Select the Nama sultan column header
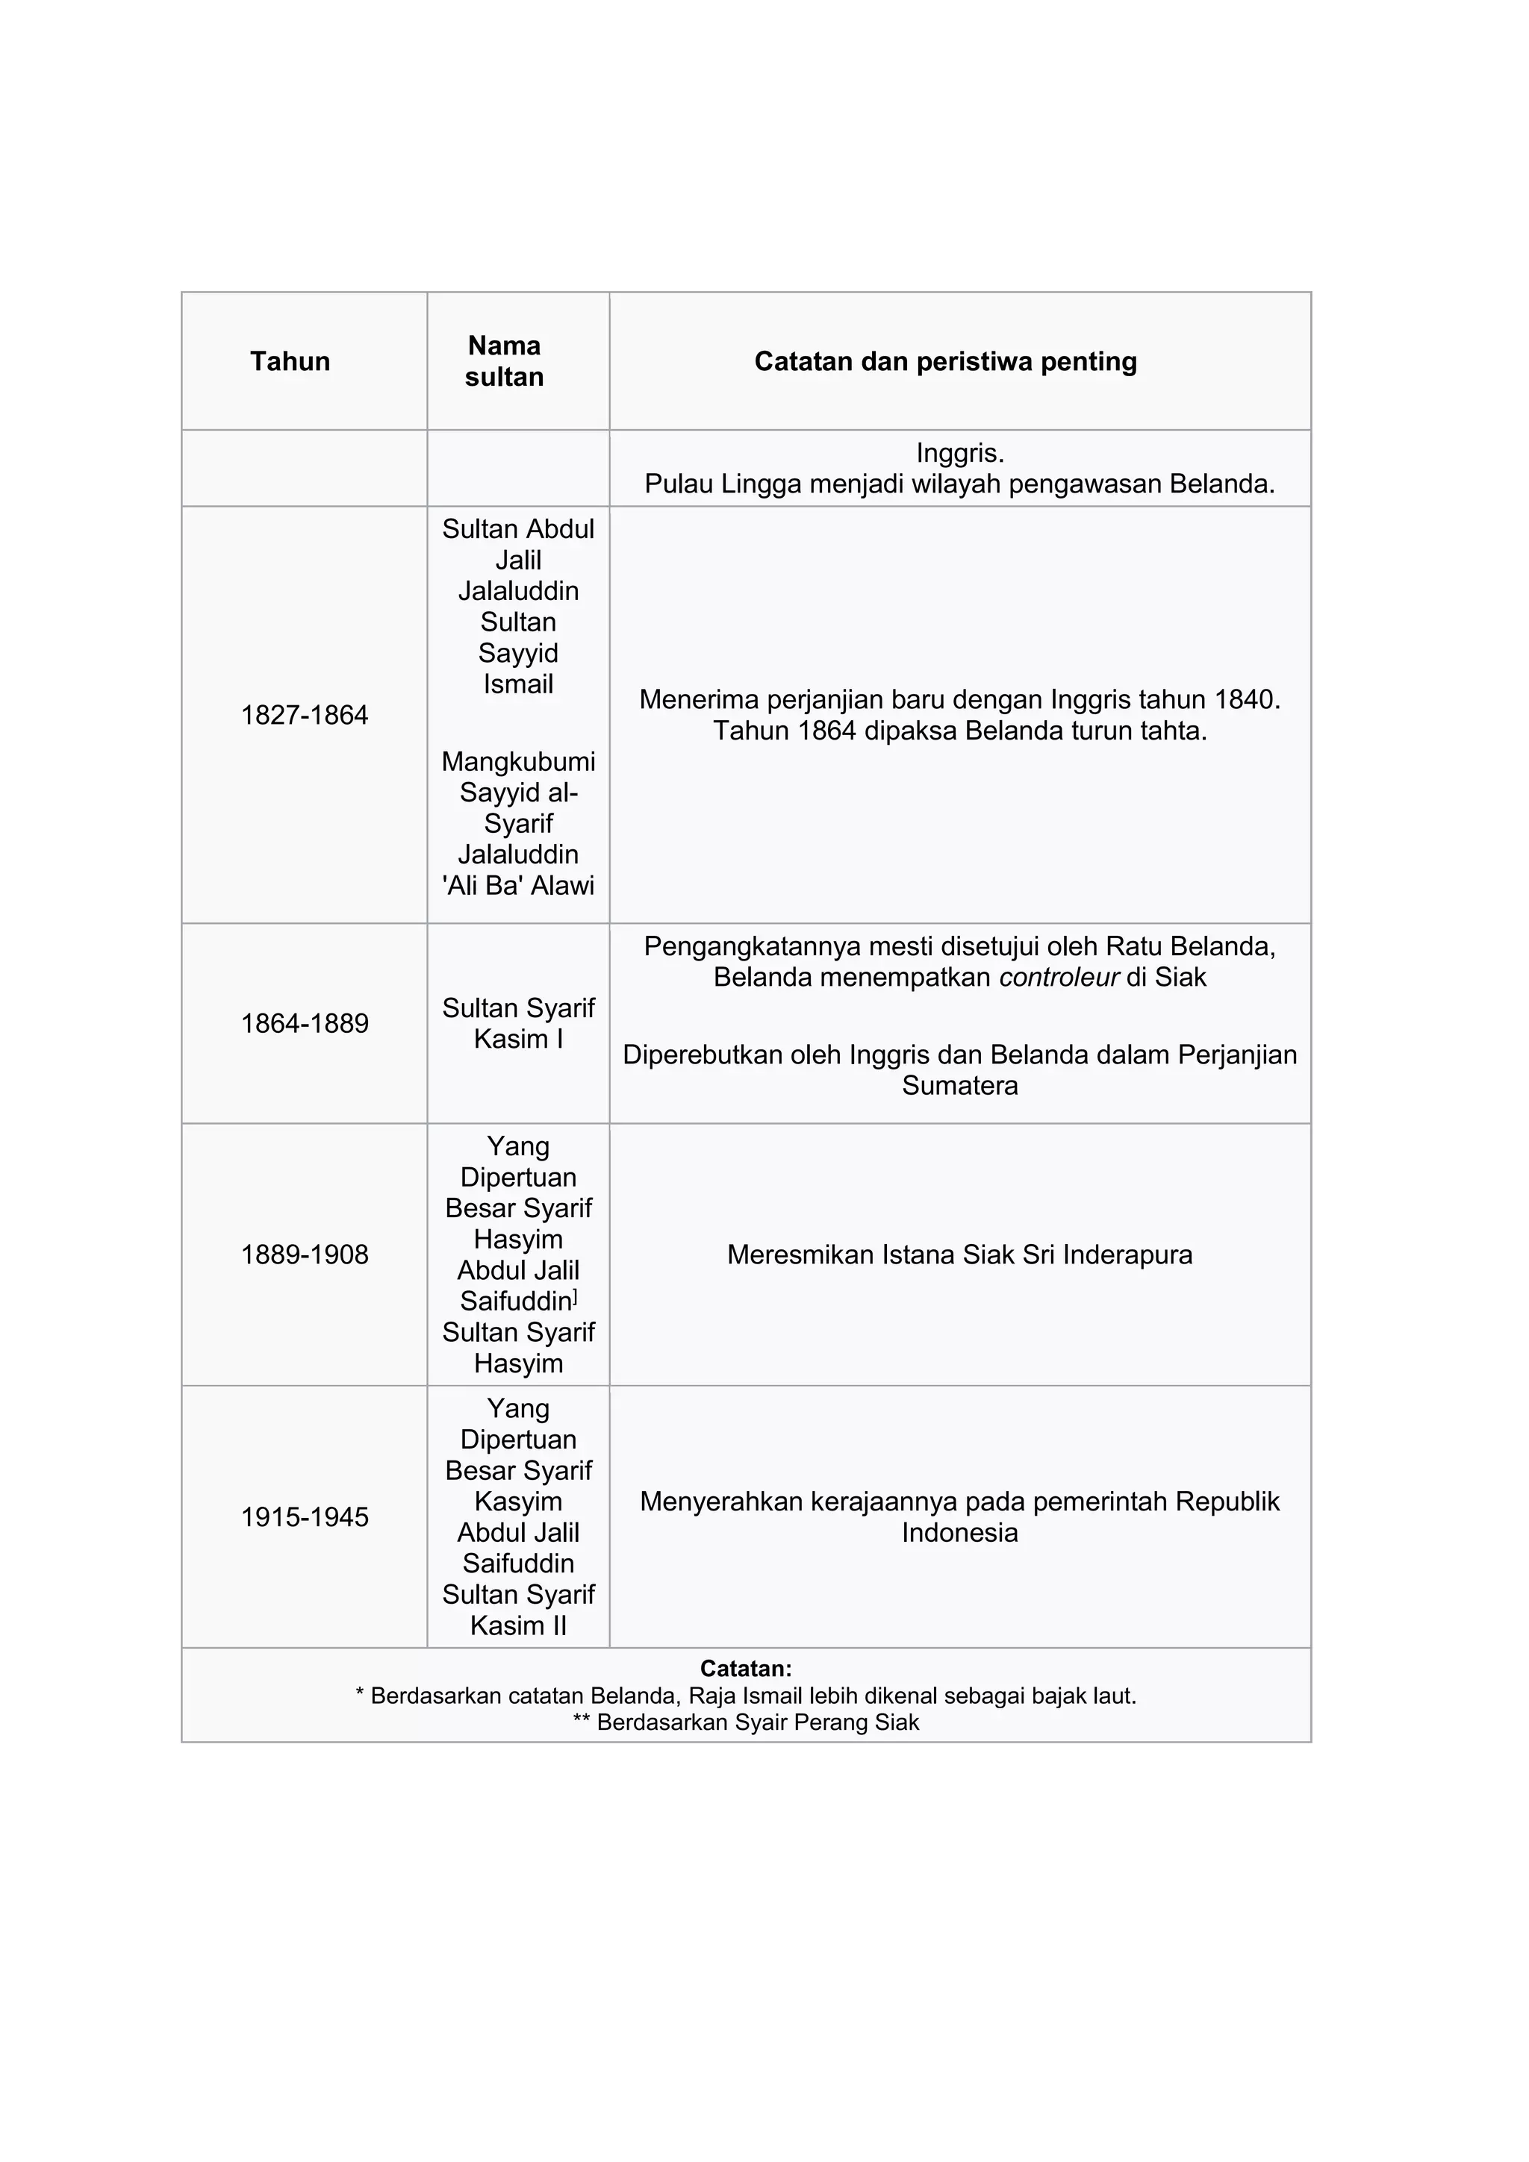pos(504,362)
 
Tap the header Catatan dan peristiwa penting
pos(945,362)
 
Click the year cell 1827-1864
pos(305,716)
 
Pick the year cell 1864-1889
pos(305,1024)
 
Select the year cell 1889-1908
pos(305,1255)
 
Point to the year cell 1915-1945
pos(305,1517)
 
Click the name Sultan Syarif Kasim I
pos(518,1024)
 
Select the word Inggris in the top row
pos(959,453)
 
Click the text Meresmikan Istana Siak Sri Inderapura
pos(959,1255)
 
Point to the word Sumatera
pos(959,1086)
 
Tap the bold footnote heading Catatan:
pos(745,1669)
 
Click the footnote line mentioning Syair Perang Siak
pos(745,1722)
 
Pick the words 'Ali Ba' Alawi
pos(518,885)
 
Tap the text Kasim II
pos(518,1625)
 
